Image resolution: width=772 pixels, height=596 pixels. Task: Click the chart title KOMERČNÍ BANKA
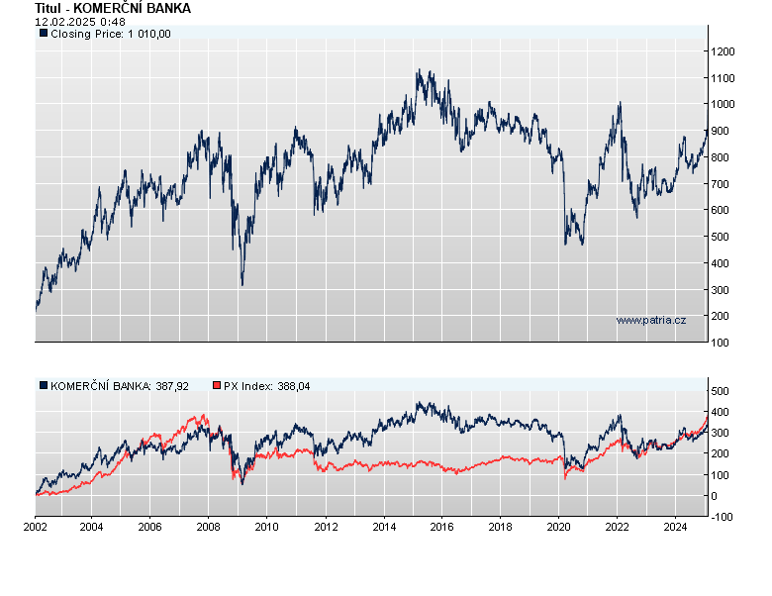click(x=113, y=8)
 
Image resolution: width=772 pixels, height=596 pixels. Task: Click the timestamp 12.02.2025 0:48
click(x=80, y=21)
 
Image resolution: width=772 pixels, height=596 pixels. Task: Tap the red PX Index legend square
click(x=218, y=385)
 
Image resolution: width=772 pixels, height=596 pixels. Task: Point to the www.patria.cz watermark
click(x=650, y=320)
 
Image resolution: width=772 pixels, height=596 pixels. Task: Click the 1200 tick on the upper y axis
click(x=723, y=51)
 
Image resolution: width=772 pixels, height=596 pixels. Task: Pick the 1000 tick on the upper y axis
click(x=723, y=104)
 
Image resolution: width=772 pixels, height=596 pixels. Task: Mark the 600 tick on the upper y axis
click(x=720, y=210)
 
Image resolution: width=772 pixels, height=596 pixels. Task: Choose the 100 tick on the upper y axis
click(x=720, y=343)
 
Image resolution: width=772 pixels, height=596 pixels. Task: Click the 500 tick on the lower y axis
click(x=720, y=391)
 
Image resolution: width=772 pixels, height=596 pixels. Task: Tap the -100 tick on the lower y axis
click(x=722, y=517)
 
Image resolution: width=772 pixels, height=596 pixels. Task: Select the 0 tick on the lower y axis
click(x=714, y=496)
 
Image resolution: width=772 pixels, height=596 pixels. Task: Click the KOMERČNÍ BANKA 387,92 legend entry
click(x=113, y=385)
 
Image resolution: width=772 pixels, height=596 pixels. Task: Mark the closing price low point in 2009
click(x=242, y=285)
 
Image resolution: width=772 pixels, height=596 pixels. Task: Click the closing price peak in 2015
click(x=419, y=70)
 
